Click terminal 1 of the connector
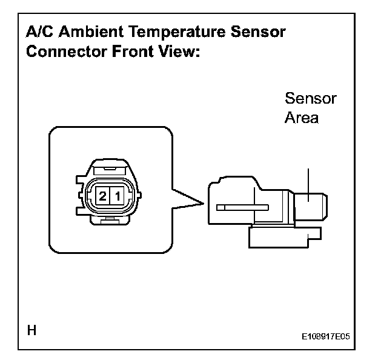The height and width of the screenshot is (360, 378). click(x=118, y=195)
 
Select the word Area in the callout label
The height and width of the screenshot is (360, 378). click(x=301, y=118)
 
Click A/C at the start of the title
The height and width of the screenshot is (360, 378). click(x=38, y=32)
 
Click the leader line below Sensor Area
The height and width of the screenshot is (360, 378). click(x=308, y=182)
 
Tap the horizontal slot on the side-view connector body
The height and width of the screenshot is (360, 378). click(x=242, y=207)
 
